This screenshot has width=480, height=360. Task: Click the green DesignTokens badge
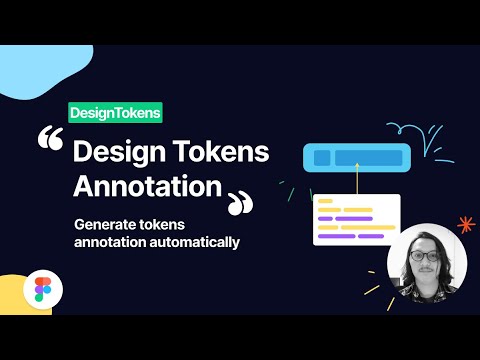coord(115,114)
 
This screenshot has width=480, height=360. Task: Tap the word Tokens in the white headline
coord(226,153)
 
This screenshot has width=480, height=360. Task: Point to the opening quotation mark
coord(51,142)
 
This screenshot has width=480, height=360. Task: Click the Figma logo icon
coord(42,290)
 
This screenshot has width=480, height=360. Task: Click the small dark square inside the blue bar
coord(322,157)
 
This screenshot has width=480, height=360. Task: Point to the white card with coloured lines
coord(356,220)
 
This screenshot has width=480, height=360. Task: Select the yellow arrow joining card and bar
coord(355,182)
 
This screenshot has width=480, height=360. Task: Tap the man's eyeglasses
coord(425,256)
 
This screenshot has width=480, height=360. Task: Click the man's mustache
coord(426,268)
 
